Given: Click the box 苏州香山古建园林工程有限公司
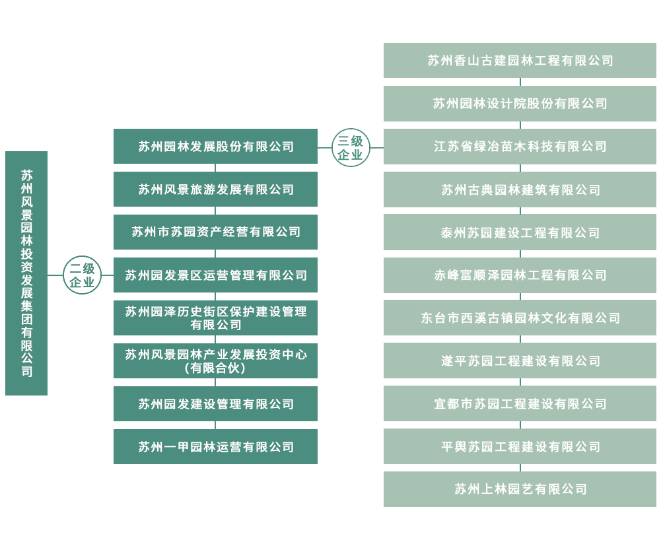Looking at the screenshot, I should point(520,61).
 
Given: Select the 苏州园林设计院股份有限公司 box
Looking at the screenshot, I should point(520,104).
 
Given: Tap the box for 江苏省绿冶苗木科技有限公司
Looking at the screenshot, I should point(520,147).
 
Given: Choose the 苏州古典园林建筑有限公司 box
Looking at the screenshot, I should point(520,190).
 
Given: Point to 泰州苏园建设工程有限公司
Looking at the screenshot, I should point(520,233).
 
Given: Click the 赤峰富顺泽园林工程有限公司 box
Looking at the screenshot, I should point(520,275).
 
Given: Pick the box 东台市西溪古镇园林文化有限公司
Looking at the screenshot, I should point(520,318).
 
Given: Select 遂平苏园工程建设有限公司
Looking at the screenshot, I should point(520,361).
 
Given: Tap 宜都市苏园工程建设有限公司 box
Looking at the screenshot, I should point(520,404).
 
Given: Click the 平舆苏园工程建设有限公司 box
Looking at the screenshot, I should point(520,447).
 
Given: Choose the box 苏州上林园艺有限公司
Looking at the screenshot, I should point(520,489).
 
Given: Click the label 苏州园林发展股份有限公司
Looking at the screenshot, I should point(216,147).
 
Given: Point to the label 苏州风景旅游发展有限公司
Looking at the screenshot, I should point(216,189).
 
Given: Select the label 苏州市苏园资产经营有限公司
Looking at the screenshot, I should point(216,232).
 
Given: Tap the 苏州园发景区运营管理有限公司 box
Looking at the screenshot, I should point(216,275).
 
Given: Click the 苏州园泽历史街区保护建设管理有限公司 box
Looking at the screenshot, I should point(216,318).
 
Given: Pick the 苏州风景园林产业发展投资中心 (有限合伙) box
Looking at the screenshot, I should point(216,361).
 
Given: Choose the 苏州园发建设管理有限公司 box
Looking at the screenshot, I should point(216,404).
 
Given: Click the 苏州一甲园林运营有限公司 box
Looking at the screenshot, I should point(216,447).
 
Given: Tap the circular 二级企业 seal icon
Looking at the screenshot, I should point(82,275).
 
